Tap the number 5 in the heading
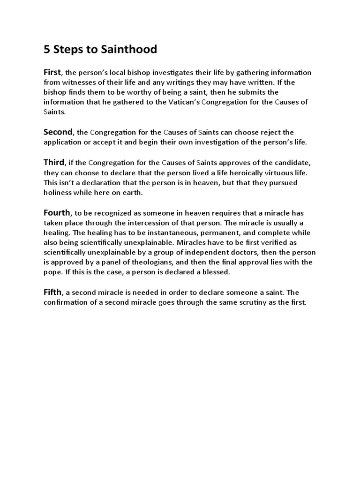pos(47,49)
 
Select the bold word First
pos(52,72)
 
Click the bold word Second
pos(58,132)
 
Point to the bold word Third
pos(54,162)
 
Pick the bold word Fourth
pos(57,213)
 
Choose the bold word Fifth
pos(52,292)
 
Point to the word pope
pos(52,272)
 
